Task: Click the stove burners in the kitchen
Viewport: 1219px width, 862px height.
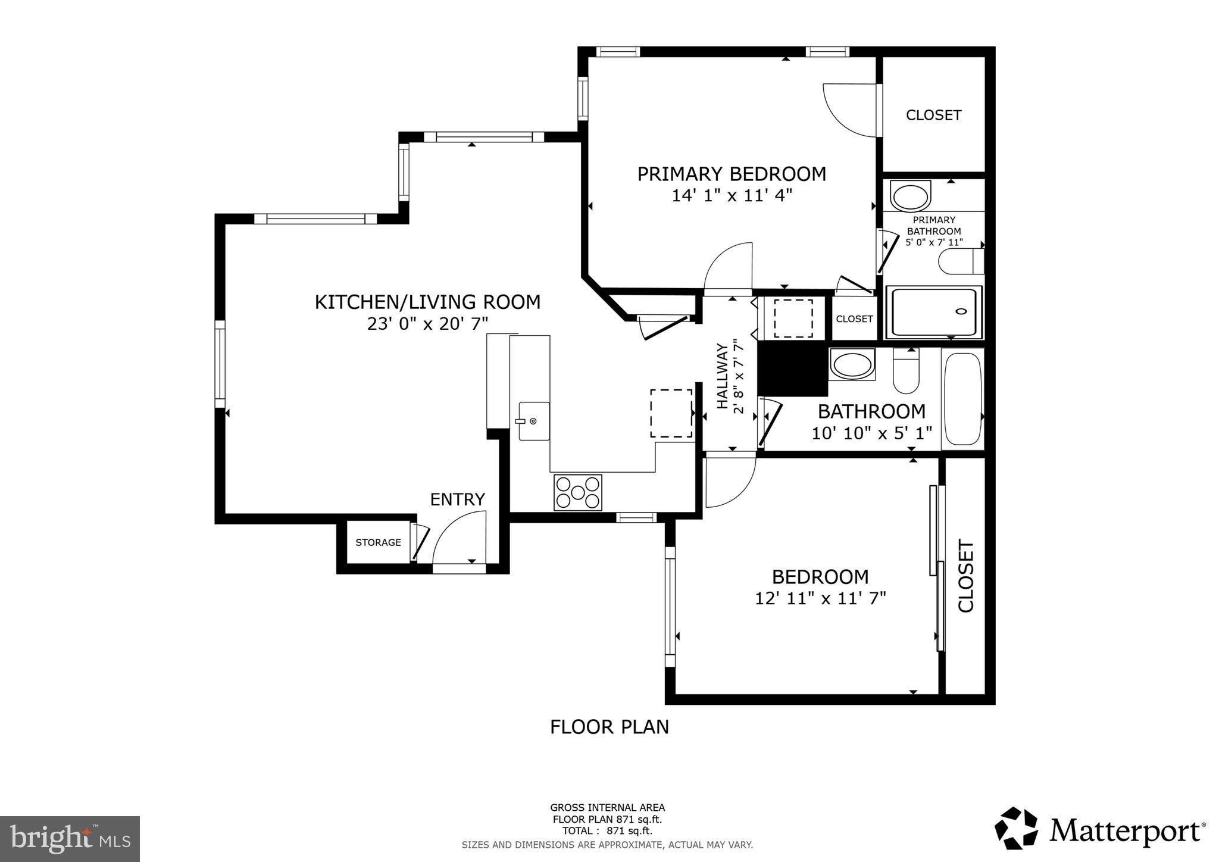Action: click(x=577, y=492)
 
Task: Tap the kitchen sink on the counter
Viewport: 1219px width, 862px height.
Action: click(x=533, y=421)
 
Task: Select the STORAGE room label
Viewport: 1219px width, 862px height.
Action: click(x=378, y=542)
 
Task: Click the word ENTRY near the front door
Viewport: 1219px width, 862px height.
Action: click(x=457, y=499)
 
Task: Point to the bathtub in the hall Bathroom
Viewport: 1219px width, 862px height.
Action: click(x=962, y=399)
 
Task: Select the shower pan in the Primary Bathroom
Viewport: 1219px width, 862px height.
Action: click(x=933, y=313)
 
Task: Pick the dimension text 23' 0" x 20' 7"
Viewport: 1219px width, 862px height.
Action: click(x=427, y=324)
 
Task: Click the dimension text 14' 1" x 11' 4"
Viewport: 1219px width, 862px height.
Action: click(x=732, y=195)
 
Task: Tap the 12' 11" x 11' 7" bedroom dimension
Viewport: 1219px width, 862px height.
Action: click(x=820, y=598)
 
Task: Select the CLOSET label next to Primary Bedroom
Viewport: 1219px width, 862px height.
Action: click(x=933, y=115)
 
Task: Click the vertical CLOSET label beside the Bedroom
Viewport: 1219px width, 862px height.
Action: click(x=965, y=576)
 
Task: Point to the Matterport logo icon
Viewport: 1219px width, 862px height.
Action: click(x=1016, y=828)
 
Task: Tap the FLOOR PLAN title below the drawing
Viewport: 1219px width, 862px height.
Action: click(x=609, y=727)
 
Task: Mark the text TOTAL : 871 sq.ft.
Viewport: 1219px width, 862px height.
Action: click(x=607, y=830)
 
